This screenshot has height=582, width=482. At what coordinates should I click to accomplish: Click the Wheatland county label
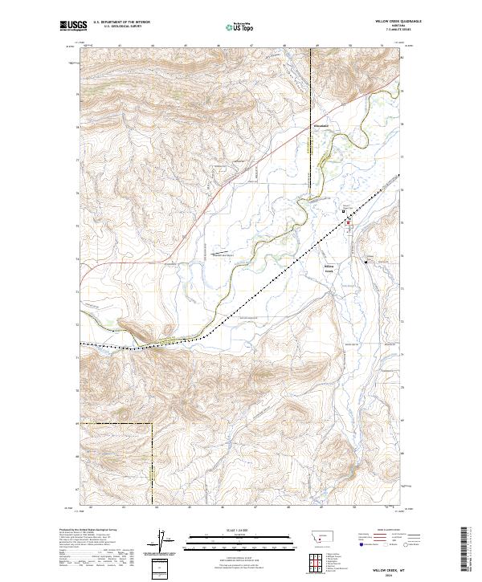pyautogui.click(x=321, y=127)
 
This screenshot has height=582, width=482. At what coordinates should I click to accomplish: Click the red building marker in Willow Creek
pyautogui.click(x=348, y=218)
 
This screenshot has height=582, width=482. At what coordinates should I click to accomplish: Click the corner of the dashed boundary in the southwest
pyautogui.click(x=153, y=424)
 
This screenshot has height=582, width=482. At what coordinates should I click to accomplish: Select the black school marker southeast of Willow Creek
pyautogui.click(x=366, y=262)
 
